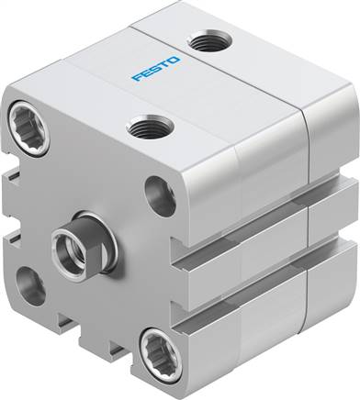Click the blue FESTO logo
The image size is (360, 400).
tap(157, 69)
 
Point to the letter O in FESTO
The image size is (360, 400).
tap(176, 61)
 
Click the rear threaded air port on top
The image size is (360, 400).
tap(201, 41)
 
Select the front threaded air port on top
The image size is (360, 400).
tap(142, 128)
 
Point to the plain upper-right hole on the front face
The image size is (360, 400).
tap(160, 196)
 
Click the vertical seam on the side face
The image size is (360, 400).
tap(305, 229)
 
